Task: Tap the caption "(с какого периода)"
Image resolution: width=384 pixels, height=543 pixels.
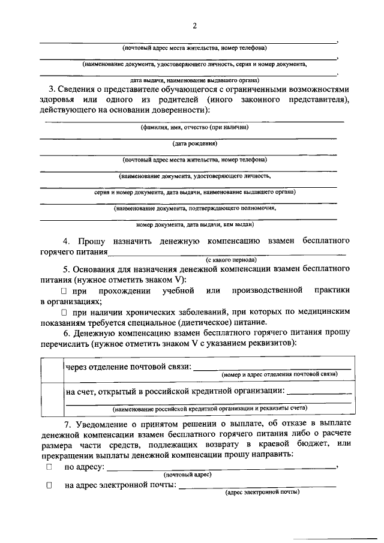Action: pos(231,260)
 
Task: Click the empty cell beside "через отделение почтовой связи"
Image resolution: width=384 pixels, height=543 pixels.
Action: pos(51,370)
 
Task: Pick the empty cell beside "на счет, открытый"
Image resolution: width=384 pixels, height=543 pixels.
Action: pos(51,398)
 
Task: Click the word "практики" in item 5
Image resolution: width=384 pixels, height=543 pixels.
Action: pos(332,291)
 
